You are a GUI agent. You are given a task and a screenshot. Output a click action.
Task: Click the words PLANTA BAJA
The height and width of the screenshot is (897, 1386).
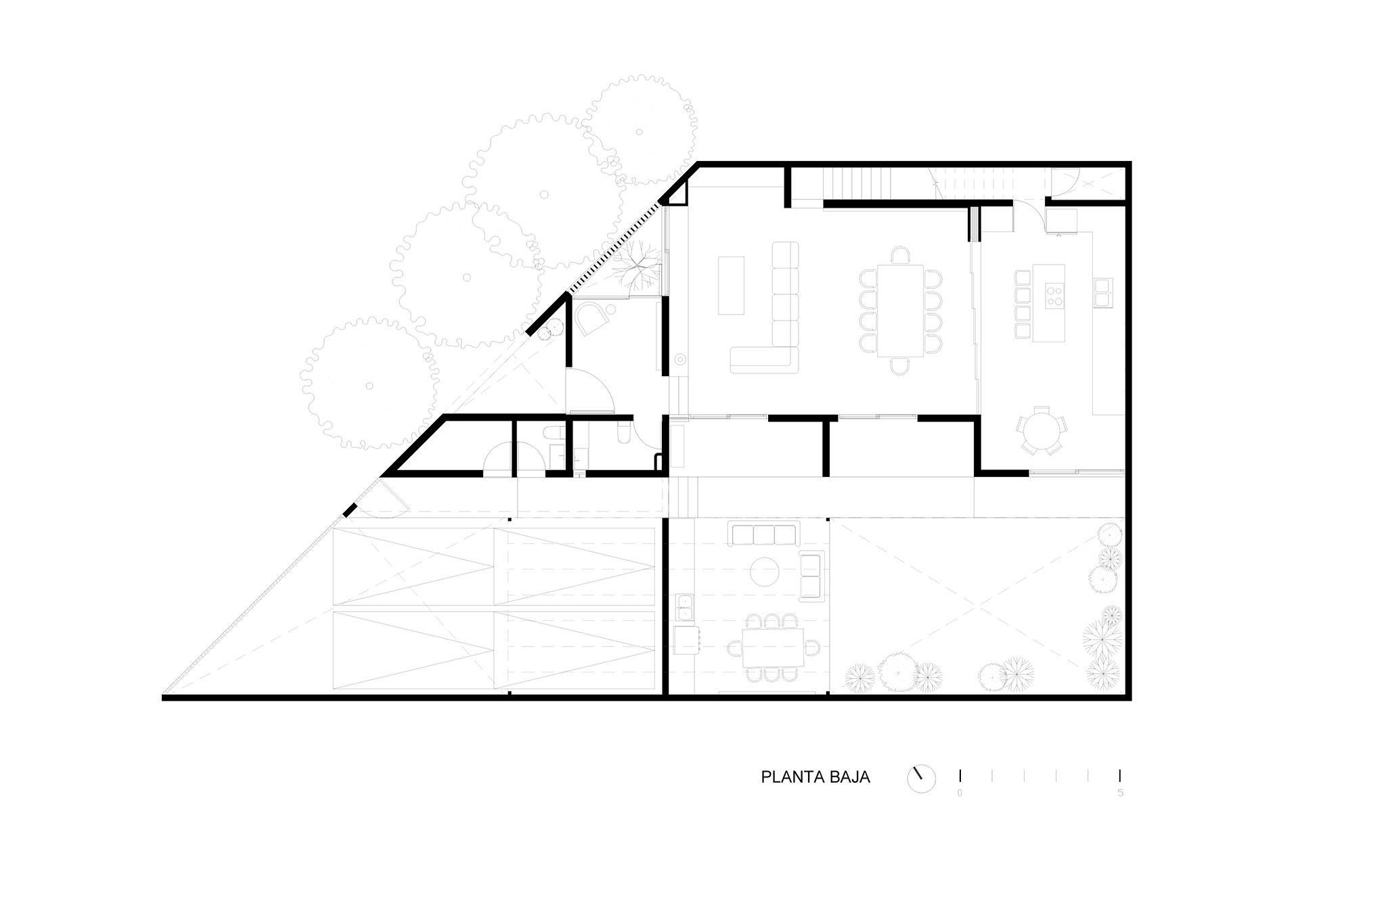pyautogui.click(x=815, y=777)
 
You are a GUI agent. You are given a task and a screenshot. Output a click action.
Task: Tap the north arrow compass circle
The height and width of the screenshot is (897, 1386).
pyautogui.click(x=921, y=779)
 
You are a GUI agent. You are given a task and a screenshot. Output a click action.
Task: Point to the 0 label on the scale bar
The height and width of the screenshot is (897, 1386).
pyautogui.click(x=960, y=793)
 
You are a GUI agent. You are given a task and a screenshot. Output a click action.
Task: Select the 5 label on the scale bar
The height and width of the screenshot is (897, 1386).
pyautogui.click(x=1121, y=793)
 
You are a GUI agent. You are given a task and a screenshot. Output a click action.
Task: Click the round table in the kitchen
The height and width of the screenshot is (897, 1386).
pyautogui.click(x=1042, y=430)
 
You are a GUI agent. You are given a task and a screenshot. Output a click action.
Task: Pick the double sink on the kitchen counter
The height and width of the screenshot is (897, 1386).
pyautogui.click(x=1104, y=292)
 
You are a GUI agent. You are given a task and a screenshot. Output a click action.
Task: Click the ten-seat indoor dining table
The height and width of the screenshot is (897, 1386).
pyautogui.click(x=900, y=310)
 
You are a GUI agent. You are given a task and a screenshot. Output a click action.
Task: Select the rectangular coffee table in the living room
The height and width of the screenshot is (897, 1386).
pyautogui.click(x=731, y=285)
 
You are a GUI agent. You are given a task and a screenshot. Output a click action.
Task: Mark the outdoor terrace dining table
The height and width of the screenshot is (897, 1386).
pyautogui.click(x=773, y=648)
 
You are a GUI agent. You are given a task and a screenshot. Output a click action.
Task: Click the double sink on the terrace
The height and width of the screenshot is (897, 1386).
pyautogui.click(x=684, y=607)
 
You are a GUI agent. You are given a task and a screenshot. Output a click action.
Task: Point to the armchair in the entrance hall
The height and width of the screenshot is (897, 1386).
pyautogui.click(x=591, y=317)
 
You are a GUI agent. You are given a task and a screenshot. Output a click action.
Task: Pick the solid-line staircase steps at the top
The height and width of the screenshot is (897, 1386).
pyautogui.click(x=861, y=183)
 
